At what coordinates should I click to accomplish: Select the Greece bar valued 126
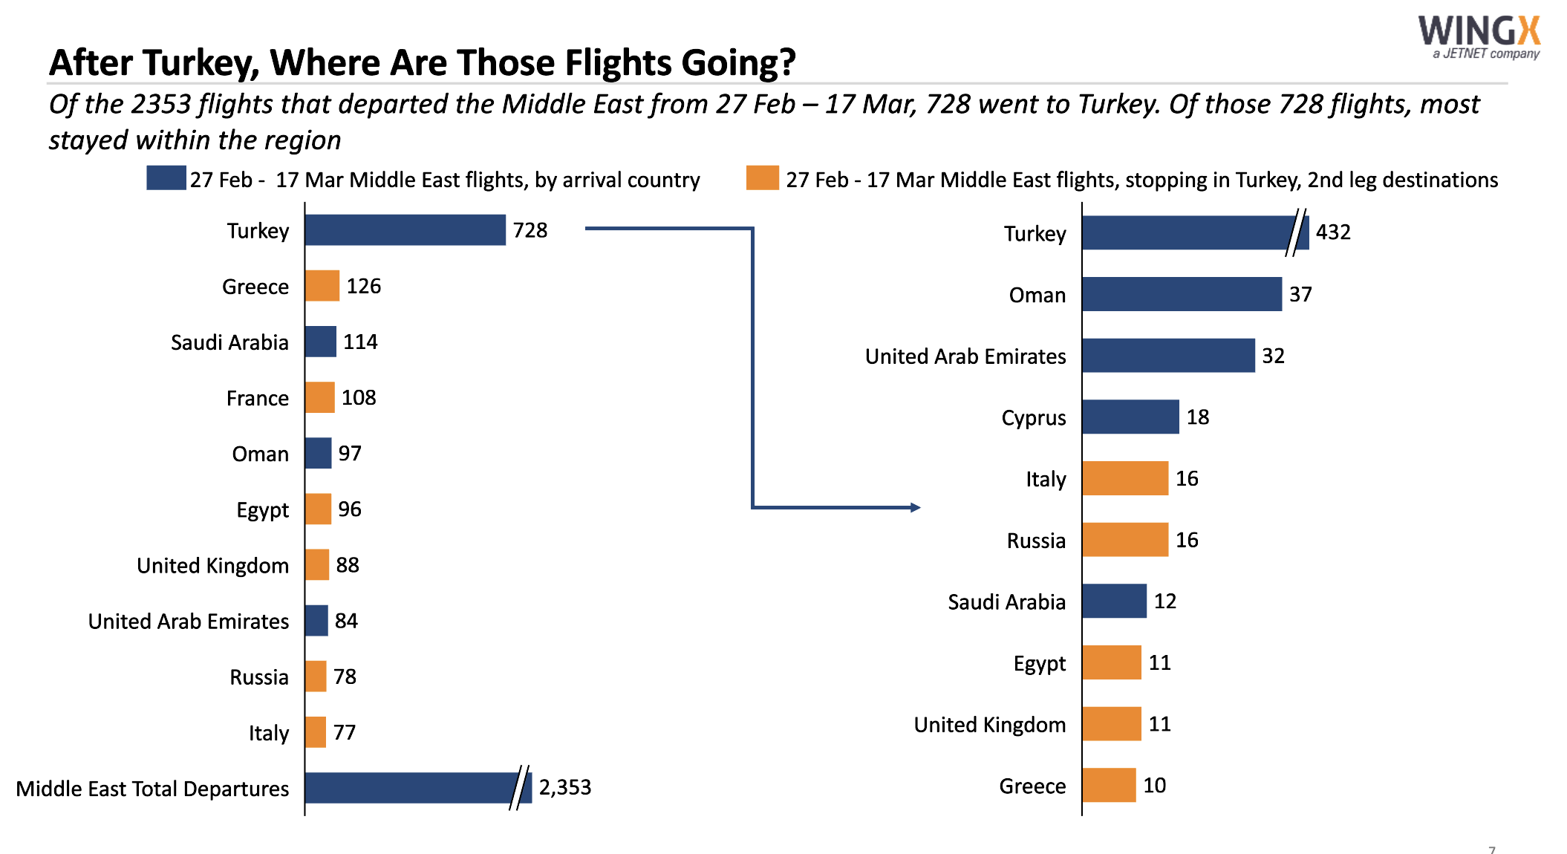322,286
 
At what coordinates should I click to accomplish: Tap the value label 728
530,230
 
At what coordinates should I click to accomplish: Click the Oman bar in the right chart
1181,294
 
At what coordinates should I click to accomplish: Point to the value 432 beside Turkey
1332,232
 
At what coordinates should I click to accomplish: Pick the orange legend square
762,178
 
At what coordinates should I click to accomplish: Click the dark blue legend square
166,178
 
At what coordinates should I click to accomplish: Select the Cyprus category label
1033,418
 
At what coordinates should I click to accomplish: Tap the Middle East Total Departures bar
408,788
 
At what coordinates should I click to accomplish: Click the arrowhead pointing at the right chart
916,507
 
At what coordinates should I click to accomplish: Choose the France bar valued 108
319,397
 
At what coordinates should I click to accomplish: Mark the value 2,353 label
564,787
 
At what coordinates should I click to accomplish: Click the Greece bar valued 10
1108,785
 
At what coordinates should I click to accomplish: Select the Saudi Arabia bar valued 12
1114,601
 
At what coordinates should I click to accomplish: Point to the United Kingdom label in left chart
212,566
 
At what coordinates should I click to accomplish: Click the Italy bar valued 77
316,732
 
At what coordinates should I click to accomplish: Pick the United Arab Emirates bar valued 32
1167,356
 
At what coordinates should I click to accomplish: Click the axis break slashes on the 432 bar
1296,232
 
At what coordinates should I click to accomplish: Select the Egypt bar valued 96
318,509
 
